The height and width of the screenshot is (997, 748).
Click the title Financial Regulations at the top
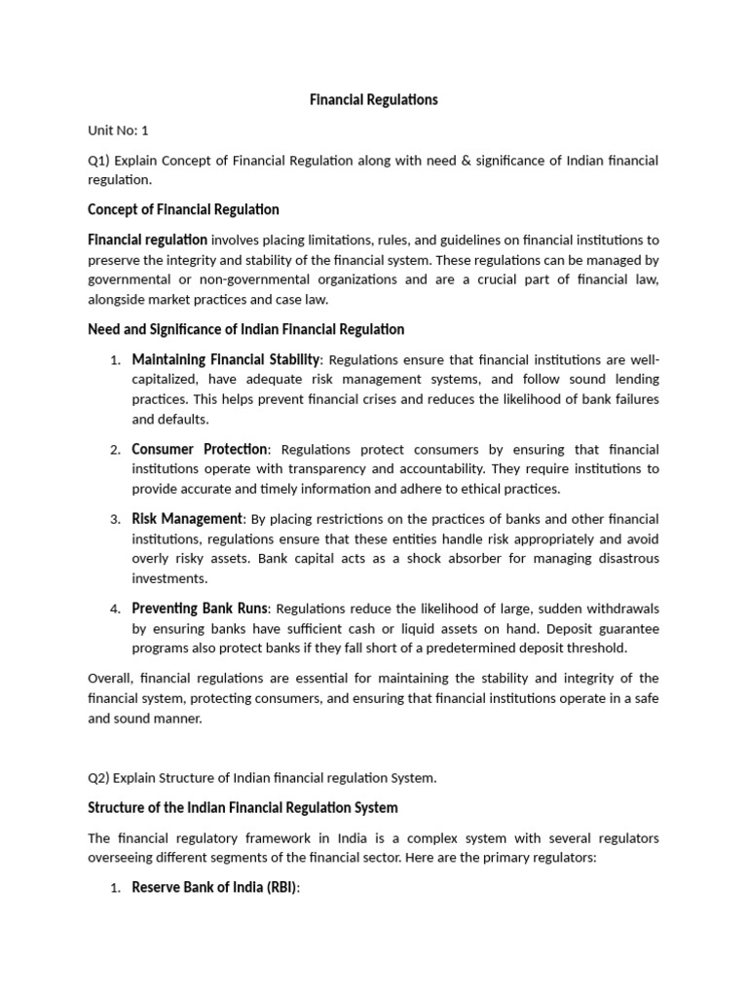pos(373,100)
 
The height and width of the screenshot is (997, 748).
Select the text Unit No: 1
pos(118,129)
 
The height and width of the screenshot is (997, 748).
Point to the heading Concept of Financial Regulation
pos(183,209)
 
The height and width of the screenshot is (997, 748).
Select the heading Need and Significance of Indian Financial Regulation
pos(245,330)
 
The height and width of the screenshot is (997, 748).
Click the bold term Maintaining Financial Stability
pos(225,359)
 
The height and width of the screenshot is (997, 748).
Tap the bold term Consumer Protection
pos(200,449)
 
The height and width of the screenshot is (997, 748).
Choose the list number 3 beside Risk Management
pos(114,520)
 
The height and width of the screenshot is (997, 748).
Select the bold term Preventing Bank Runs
pos(198,609)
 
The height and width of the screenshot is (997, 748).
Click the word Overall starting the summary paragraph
pos(110,679)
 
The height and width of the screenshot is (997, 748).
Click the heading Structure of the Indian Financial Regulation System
pos(243,808)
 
